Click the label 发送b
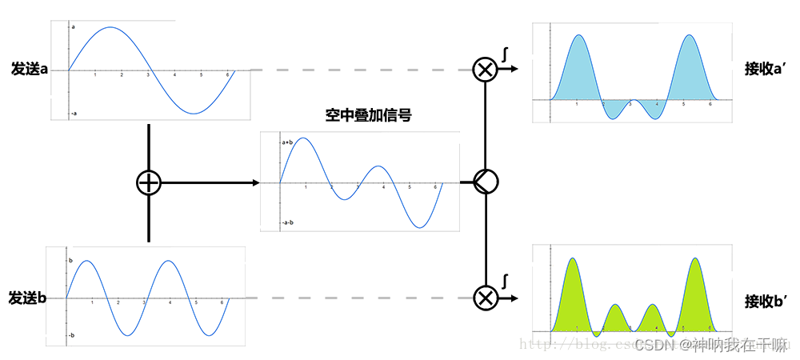pyautogui.click(x=28, y=298)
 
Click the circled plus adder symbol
pyautogui.click(x=149, y=183)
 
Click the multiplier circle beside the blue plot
pyautogui.click(x=484, y=70)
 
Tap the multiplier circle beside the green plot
pyautogui.click(x=484, y=298)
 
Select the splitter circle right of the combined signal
pyautogui.click(x=485, y=183)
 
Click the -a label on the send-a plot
pyautogui.click(x=74, y=113)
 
